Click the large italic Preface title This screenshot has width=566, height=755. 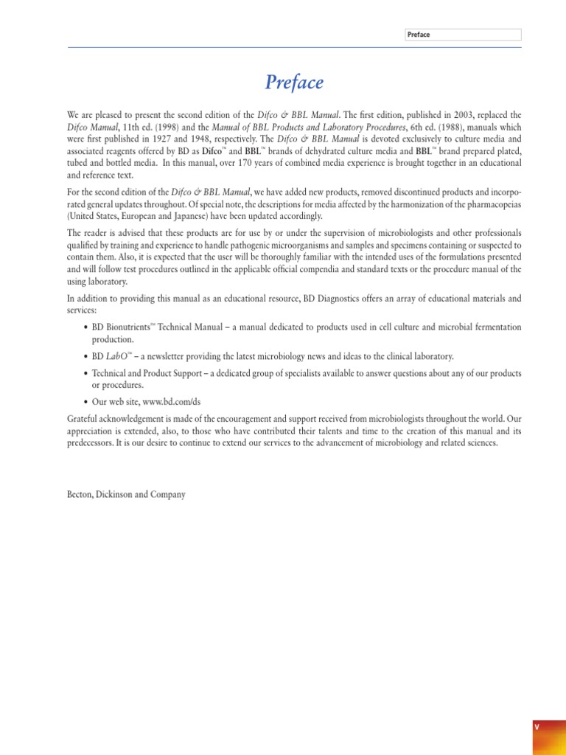(294, 83)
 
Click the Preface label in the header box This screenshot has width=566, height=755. (419, 35)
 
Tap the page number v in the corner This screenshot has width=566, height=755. (537, 727)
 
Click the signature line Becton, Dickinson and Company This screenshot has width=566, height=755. (126, 495)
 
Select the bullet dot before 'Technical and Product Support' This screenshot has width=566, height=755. (85, 374)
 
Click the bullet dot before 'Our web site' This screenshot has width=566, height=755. (85, 401)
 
